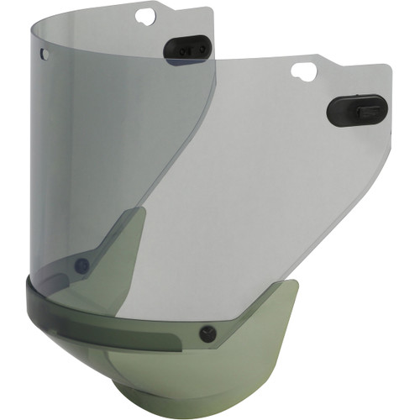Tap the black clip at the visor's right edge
click(x=355, y=109)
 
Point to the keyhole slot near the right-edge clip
click(x=303, y=72)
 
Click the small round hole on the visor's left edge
click(x=45, y=54)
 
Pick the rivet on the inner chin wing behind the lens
click(x=81, y=266)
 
